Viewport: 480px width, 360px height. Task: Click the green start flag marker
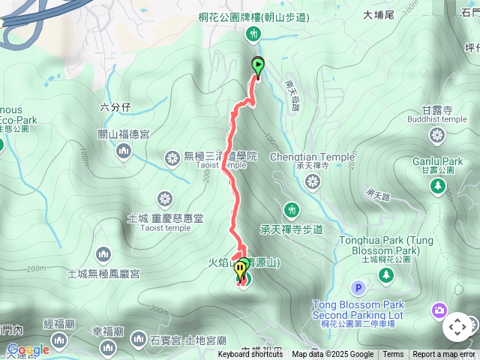(x=258, y=67)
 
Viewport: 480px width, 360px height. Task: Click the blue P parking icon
(x=358, y=288)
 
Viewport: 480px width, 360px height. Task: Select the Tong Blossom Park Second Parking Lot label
(x=358, y=309)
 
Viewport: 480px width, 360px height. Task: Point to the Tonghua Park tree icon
(x=386, y=276)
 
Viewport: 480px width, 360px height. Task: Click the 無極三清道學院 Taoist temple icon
(x=172, y=157)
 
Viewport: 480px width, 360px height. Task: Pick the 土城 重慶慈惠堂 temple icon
(x=165, y=199)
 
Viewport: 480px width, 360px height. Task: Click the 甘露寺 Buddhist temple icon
(x=437, y=135)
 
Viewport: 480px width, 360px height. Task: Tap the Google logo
(x=28, y=350)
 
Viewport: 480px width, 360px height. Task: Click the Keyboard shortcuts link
(x=250, y=355)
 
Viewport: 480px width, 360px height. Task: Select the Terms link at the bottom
(x=393, y=355)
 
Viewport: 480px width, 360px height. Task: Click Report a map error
(x=444, y=355)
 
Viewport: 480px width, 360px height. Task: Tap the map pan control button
(x=457, y=327)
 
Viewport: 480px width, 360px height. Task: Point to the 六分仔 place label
(x=115, y=107)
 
